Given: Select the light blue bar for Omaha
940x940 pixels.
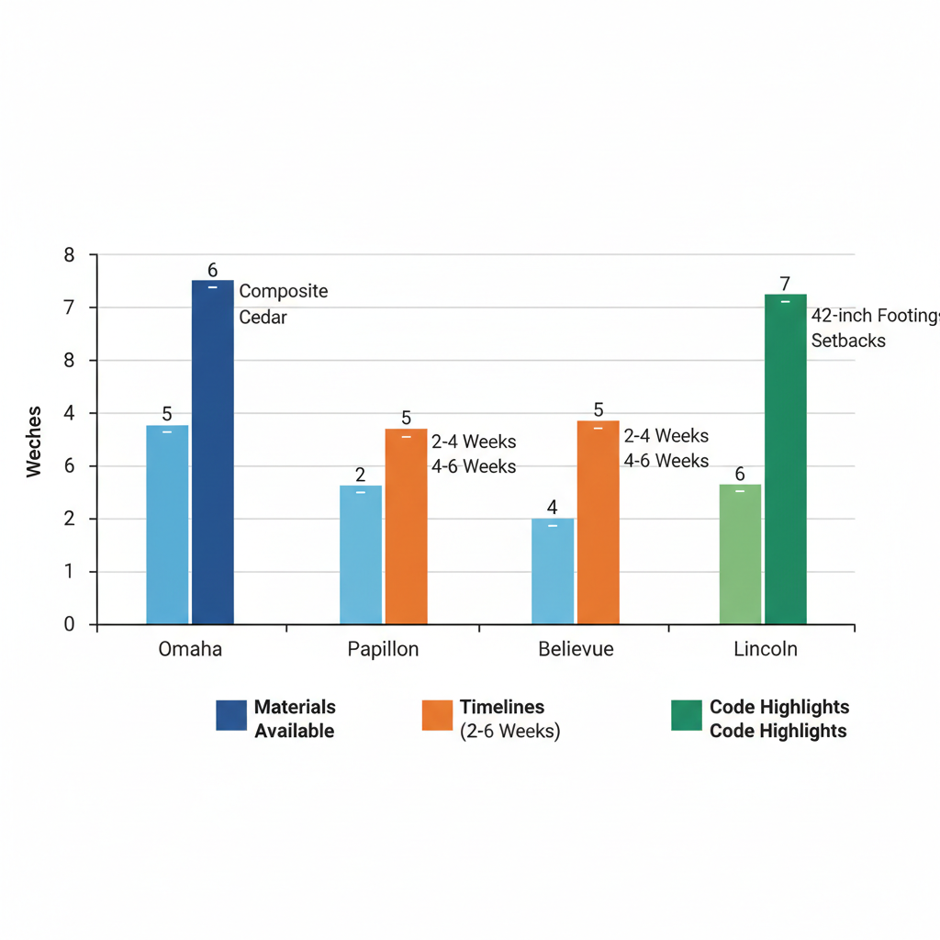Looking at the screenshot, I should click(167, 524).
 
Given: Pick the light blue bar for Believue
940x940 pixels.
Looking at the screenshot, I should click(553, 571).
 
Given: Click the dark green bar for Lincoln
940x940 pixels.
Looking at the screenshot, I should click(785, 459).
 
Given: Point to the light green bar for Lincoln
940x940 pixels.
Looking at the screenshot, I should click(740, 554).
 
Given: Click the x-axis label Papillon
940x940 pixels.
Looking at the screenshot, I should click(383, 649).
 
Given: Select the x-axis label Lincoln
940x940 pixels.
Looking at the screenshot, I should click(766, 649).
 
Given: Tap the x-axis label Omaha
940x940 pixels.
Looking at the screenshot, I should click(190, 649).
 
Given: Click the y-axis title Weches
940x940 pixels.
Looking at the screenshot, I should click(34, 441).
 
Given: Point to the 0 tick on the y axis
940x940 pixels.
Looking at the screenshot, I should click(69, 624).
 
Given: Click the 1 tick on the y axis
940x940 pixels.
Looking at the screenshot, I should click(69, 572).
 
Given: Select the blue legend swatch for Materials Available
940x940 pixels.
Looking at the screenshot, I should click(231, 715).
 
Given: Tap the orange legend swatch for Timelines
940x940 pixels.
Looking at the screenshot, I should click(437, 715).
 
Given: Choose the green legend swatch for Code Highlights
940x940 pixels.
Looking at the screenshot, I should click(687, 715).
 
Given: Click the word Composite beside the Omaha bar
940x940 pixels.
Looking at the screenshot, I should click(283, 291).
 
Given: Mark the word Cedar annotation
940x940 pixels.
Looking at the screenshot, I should click(263, 318).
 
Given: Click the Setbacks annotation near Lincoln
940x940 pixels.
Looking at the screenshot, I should click(848, 341).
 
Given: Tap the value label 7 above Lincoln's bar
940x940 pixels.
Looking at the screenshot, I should click(785, 284).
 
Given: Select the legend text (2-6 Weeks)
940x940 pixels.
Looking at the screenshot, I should click(509, 732).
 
